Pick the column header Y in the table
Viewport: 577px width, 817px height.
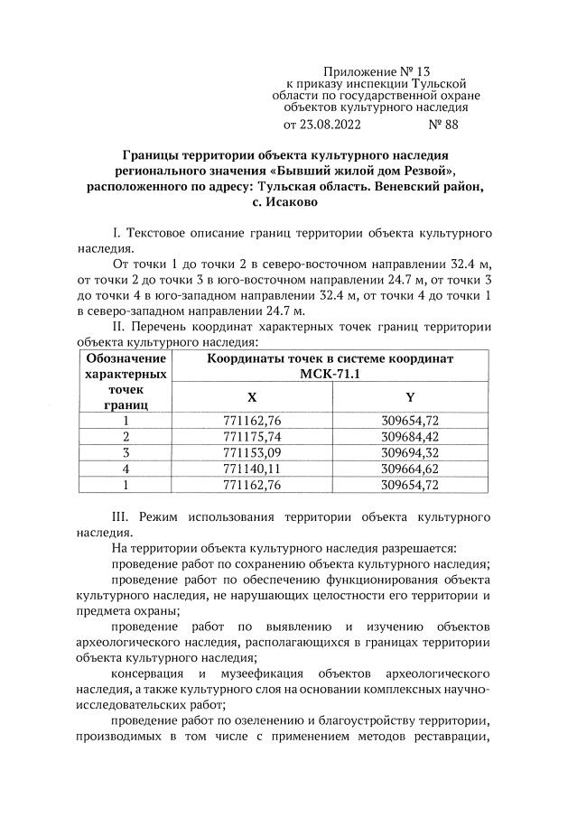click(x=411, y=397)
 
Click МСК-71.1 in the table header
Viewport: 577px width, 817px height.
click(x=330, y=374)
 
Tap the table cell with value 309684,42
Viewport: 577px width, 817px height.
click(x=411, y=436)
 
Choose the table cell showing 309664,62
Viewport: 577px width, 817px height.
click(x=411, y=469)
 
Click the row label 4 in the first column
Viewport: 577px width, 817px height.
click(x=126, y=469)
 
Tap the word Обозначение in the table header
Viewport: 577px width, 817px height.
click(x=126, y=358)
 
